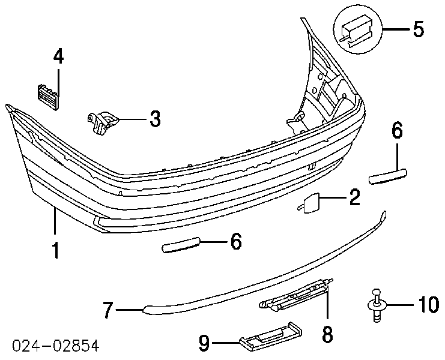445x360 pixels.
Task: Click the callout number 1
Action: (x=56, y=250)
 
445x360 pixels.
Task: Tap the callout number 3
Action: (x=155, y=119)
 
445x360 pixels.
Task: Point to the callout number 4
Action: (x=58, y=56)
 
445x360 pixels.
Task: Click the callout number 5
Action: (x=419, y=29)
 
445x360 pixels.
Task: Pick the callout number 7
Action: (x=108, y=310)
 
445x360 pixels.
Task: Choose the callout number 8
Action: (x=327, y=334)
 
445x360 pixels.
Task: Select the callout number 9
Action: (x=204, y=343)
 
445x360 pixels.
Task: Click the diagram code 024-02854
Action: (x=56, y=346)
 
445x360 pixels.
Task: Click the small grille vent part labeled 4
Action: (x=47, y=97)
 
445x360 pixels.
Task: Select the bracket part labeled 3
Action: (x=103, y=122)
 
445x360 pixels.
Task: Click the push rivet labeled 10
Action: (x=377, y=305)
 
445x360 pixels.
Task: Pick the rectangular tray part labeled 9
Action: (x=271, y=337)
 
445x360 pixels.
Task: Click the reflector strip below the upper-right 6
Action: (x=388, y=176)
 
